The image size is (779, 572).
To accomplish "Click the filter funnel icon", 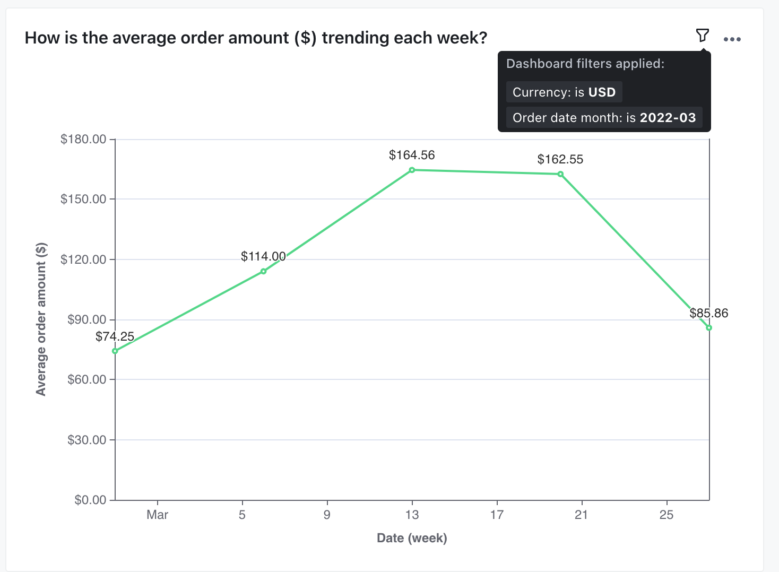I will coord(702,36).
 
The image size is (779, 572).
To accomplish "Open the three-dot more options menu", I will coord(732,39).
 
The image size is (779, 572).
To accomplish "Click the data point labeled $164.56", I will coord(412,170).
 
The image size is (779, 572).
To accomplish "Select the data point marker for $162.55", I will coord(560,174).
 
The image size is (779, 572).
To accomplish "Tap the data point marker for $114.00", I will coord(263,271).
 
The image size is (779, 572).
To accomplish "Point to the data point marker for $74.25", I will coord(115,351).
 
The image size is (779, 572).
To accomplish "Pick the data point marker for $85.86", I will coord(709,328).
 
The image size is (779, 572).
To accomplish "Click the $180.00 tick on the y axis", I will coord(83,140).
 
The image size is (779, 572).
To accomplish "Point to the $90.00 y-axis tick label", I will coord(86,319).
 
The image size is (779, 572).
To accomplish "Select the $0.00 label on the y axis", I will coord(90,500).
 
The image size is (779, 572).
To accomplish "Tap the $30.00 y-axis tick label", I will coord(86,440).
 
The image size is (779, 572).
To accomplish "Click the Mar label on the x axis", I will coord(157,515).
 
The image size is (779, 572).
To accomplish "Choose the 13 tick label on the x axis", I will coord(412,515).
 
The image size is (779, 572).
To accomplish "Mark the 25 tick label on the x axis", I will coord(666,515).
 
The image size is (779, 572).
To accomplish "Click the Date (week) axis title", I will coord(412,538).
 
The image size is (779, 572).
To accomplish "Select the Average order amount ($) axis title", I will coord(41,319).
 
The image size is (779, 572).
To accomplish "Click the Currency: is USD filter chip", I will coord(564,92).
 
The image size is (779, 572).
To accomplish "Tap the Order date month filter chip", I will coord(604,118).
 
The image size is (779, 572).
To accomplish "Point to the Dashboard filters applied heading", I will coord(585,64).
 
